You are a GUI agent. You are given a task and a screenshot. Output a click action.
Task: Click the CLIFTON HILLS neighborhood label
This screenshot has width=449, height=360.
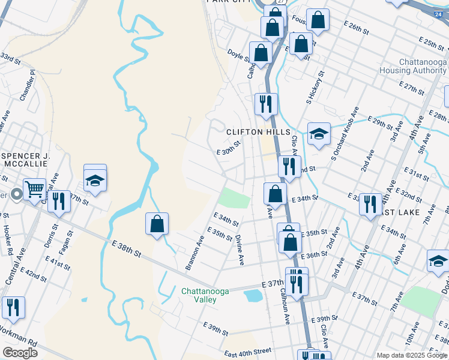coord(258,132)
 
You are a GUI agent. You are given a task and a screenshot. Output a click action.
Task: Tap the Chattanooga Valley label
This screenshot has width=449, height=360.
coord(205,296)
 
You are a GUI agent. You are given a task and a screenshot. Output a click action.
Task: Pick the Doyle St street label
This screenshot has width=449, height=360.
coord(238,55)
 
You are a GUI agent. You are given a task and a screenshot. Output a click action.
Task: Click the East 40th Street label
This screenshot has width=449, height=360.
coord(248,353)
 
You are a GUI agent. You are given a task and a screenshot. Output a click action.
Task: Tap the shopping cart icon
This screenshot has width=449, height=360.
coord(35,189)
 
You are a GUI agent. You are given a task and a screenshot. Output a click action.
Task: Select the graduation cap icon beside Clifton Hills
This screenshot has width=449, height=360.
coord(319,134)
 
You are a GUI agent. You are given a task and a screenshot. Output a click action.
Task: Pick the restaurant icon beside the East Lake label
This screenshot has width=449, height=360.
coord(370,204)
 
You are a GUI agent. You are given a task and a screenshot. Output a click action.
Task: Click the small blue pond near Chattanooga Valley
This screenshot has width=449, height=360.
coord(254,295)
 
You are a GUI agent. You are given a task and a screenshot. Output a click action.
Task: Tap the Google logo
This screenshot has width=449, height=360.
coord(20,353)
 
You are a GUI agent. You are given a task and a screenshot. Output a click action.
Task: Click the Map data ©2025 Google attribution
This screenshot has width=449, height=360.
coord(412,355)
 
